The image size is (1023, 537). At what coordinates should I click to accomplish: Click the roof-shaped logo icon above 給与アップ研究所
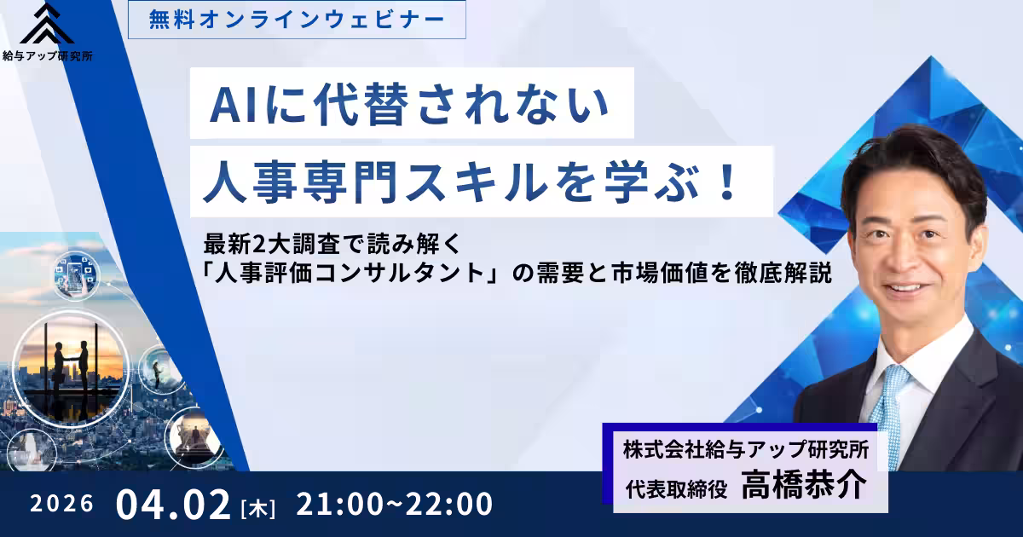pyautogui.click(x=48, y=26)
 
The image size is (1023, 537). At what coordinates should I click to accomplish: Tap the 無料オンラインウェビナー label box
pyautogui.click(x=297, y=19)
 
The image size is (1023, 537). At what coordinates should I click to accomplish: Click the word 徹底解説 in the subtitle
pyautogui.click(x=788, y=275)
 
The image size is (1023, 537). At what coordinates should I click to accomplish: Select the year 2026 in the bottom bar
pyautogui.click(x=61, y=504)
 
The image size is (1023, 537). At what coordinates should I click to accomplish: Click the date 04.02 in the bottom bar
pyautogui.click(x=174, y=504)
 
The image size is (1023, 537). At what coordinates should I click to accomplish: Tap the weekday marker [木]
pyautogui.click(x=257, y=507)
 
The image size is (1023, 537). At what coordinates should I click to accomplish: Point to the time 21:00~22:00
pyautogui.click(x=394, y=504)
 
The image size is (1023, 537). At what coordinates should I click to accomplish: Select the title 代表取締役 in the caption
pyautogui.click(x=674, y=488)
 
